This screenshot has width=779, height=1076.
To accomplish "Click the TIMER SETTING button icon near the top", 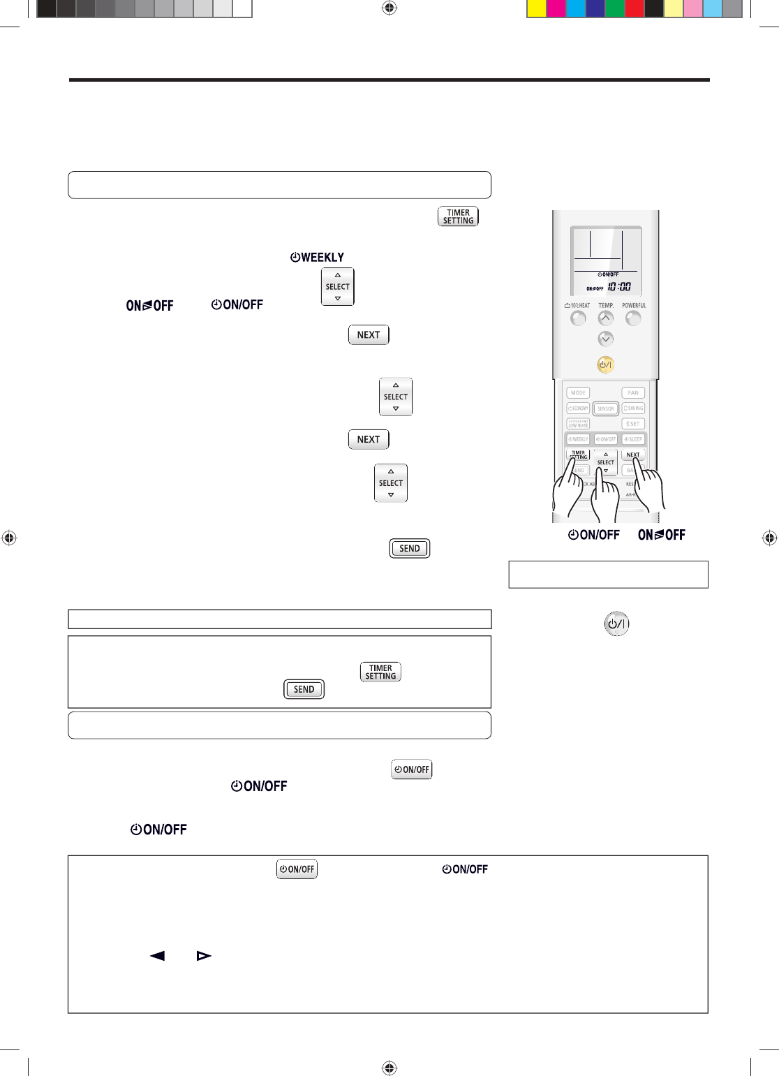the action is (x=458, y=216).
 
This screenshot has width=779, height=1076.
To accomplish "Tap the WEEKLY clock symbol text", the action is (x=317, y=258).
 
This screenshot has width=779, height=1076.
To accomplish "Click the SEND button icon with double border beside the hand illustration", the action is (x=410, y=548).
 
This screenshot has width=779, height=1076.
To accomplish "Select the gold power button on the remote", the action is (x=605, y=364).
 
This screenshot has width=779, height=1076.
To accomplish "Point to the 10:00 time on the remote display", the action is (x=619, y=286).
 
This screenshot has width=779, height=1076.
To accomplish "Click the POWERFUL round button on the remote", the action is (x=633, y=318).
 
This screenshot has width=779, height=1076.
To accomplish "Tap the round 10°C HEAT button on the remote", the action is (x=578, y=318).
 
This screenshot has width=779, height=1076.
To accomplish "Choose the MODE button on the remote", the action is (x=578, y=392).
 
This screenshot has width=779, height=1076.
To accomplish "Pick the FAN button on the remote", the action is (x=633, y=392).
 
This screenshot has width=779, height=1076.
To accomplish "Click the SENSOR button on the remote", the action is (x=606, y=408).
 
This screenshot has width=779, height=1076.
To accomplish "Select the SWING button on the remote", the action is (x=634, y=408).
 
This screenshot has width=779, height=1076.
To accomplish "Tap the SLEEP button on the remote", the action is (x=634, y=439).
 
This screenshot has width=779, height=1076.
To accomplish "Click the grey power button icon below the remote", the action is (x=616, y=624).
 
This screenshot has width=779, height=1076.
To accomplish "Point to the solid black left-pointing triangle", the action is (x=158, y=955).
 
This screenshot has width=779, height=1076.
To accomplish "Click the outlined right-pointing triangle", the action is (x=204, y=955).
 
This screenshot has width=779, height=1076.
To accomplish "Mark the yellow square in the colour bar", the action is (x=536, y=8).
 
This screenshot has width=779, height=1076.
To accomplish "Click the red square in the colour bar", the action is (x=634, y=8).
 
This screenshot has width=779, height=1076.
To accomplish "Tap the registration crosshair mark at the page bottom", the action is (x=389, y=1068).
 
